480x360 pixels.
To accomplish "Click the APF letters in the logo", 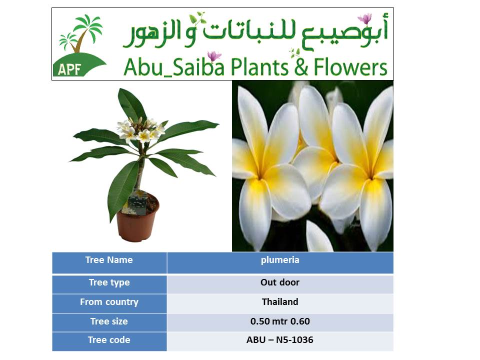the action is [x=69, y=69].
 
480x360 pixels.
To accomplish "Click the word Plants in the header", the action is [x=259, y=67].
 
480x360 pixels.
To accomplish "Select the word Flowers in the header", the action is [x=350, y=67].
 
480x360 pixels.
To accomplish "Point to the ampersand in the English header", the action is [x=301, y=67].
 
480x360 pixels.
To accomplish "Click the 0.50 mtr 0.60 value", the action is [x=280, y=321].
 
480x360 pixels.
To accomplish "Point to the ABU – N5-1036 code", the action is [x=280, y=340].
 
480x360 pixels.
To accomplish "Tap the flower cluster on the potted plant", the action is [x=141, y=130].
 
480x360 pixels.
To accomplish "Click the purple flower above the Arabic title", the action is [x=365, y=18].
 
